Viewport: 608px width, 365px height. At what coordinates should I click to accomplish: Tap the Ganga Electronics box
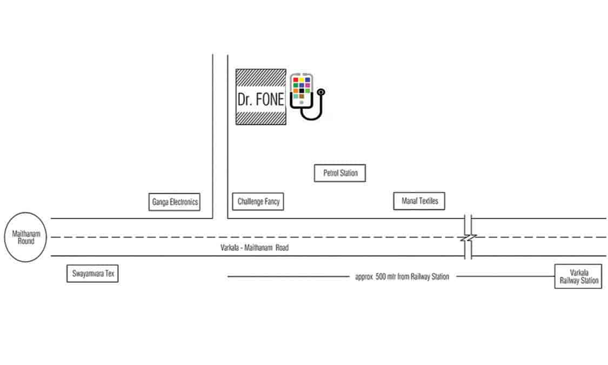[x=175, y=202]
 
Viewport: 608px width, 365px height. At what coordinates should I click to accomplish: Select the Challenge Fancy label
[x=258, y=202]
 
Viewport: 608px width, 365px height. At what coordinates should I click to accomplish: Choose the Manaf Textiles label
[x=419, y=201]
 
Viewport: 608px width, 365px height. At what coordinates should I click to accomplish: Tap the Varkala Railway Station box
[x=578, y=276]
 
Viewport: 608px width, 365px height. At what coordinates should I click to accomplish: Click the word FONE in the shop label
[x=269, y=99]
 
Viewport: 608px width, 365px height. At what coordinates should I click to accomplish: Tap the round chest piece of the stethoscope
[x=321, y=92]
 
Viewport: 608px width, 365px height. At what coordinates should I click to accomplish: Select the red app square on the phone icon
[x=296, y=80]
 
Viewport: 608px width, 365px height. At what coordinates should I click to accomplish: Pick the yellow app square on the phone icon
[x=302, y=80]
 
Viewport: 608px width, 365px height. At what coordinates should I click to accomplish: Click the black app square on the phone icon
[x=302, y=91]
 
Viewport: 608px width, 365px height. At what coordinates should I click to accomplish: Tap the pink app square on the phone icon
[x=308, y=85]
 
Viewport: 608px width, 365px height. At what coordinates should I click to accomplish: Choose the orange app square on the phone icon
[x=296, y=91]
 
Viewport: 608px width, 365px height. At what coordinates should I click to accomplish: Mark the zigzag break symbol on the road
[x=468, y=237]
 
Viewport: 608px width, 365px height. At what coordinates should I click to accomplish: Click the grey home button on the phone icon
[x=302, y=102]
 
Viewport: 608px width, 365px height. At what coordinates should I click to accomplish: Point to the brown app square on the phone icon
[x=302, y=96]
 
